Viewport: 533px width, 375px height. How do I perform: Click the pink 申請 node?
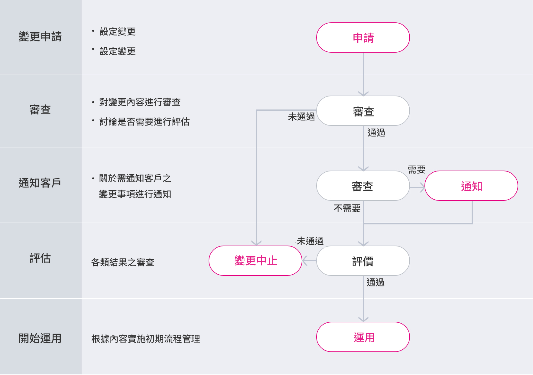point(363,37)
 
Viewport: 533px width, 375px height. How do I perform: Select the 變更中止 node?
point(255,261)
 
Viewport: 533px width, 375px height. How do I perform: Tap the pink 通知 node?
point(471,186)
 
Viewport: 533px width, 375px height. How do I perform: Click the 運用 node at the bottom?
point(363,337)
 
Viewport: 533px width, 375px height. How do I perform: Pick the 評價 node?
point(363,261)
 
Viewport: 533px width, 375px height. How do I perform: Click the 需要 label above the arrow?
point(416,169)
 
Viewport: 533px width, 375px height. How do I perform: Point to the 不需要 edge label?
point(347,208)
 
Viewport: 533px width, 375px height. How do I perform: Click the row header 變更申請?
point(40,37)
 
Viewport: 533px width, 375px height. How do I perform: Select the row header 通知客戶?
point(40,183)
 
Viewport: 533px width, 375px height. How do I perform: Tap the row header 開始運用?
point(40,338)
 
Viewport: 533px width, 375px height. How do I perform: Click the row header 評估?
point(40,258)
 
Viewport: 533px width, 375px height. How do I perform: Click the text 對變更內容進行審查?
point(140,102)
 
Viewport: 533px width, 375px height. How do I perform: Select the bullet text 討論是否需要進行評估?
point(144,122)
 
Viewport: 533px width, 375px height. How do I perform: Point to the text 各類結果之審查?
point(123,262)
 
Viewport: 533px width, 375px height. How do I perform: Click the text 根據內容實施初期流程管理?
point(145,339)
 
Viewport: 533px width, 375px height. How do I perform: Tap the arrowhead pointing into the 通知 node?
point(422,187)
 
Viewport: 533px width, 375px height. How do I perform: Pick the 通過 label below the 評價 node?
point(375,282)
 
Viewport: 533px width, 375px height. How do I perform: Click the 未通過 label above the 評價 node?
point(310,241)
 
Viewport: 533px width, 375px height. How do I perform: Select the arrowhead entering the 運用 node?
point(363,319)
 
